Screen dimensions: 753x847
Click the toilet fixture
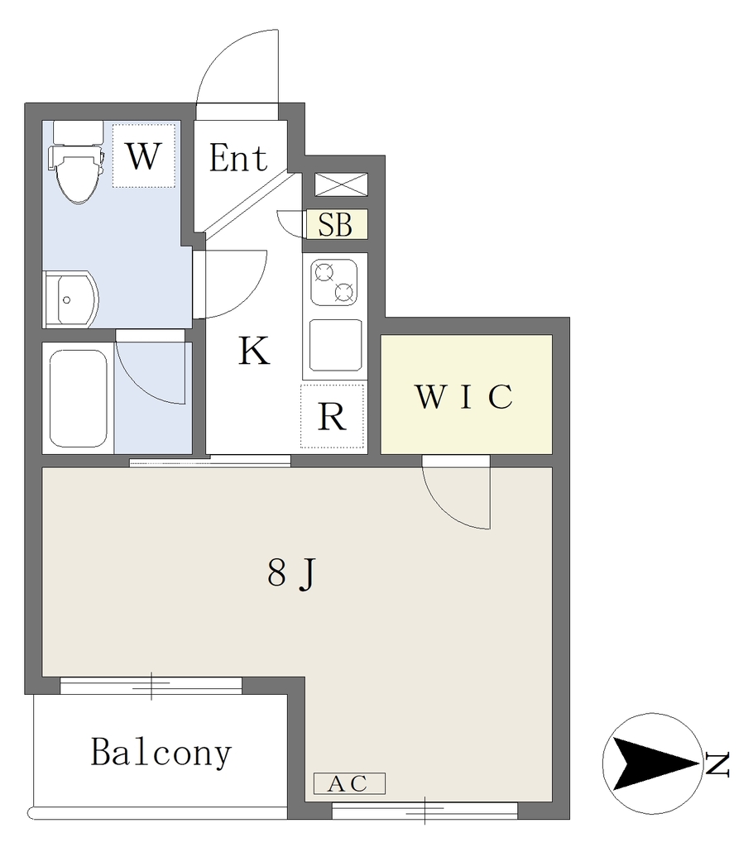(x=76, y=161)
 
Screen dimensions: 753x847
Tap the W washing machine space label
(x=144, y=156)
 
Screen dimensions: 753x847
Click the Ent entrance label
(x=238, y=158)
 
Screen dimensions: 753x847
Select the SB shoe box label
(x=335, y=224)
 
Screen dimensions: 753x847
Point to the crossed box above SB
(x=341, y=184)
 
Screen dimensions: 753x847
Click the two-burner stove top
(x=334, y=283)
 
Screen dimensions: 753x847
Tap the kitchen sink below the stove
(x=336, y=345)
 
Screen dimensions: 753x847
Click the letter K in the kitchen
(x=254, y=351)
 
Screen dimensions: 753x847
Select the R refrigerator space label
(x=332, y=417)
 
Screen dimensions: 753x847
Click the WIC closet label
(x=464, y=396)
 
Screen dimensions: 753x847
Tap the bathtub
(x=79, y=399)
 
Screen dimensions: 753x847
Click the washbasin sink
(x=71, y=299)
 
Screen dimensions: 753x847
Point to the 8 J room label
(x=290, y=573)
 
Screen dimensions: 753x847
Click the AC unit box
(x=350, y=783)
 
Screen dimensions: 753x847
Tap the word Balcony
(x=161, y=752)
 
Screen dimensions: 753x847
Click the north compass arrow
(x=653, y=763)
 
